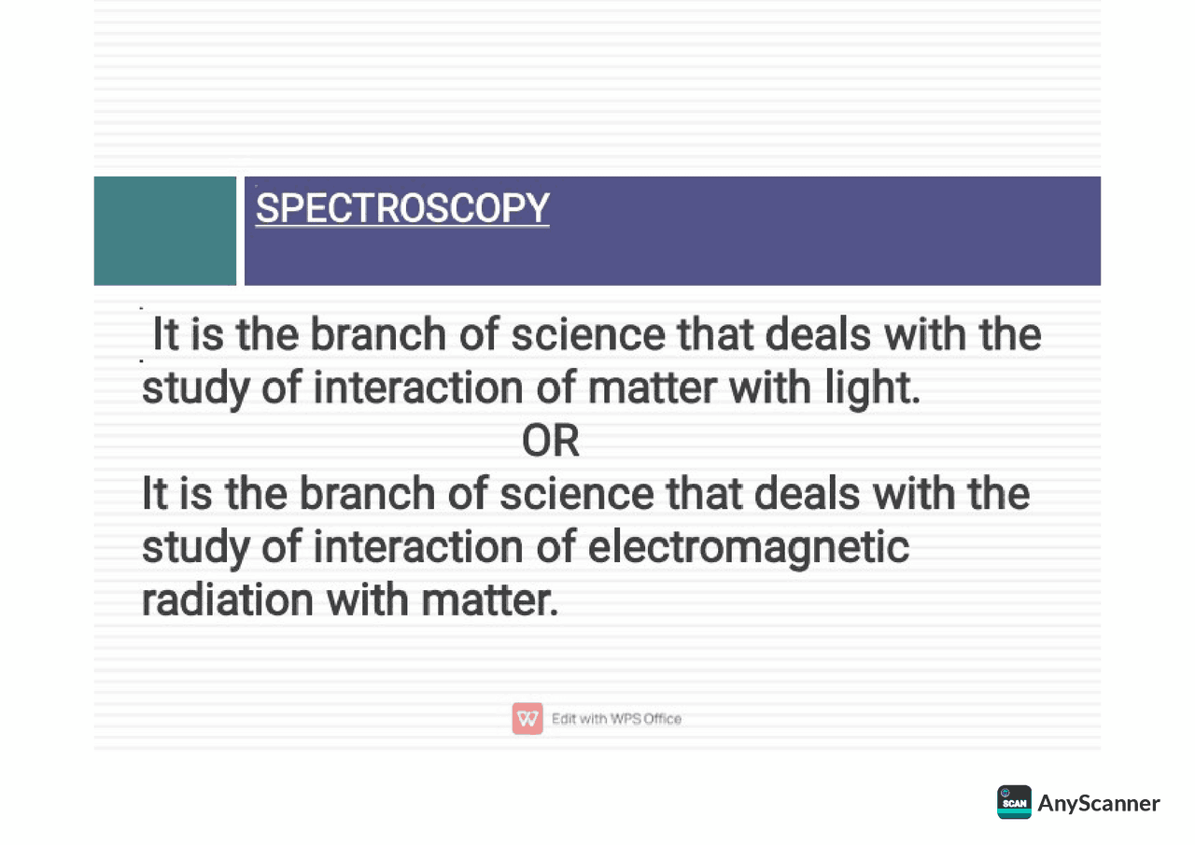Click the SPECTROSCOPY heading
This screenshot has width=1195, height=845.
point(402,208)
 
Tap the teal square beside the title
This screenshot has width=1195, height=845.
point(165,231)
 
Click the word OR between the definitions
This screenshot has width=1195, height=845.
point(551,442)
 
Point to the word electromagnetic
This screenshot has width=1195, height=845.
point(748,547)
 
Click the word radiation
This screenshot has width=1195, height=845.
point(227,599)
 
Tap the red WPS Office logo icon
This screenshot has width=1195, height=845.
point(527,718)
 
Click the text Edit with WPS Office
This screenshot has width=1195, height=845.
point(616,719)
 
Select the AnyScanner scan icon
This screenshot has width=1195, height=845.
point(1014,802)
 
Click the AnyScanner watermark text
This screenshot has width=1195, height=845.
point(1099,803)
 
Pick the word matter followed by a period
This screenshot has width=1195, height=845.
point(492,599)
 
